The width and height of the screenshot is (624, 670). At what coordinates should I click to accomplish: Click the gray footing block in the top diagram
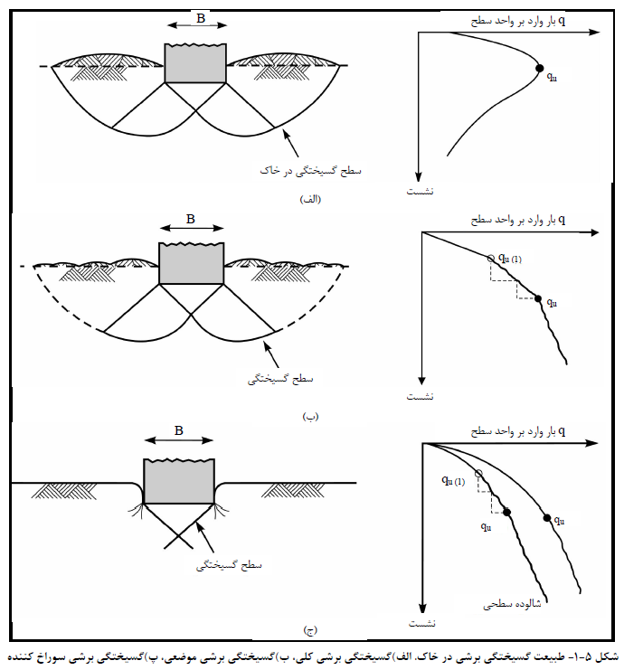(195, 62)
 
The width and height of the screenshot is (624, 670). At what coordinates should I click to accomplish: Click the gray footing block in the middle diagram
(192, 263)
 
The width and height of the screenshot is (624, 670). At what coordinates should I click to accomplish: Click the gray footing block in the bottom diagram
(179, 482)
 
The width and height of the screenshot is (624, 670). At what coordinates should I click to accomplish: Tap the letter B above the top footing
(201, 18)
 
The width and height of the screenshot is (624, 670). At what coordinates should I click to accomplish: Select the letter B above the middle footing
(191, 219)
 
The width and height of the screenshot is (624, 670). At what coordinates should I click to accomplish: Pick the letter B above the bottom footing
(179, 430)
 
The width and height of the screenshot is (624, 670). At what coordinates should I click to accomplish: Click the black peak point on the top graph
(540, 68)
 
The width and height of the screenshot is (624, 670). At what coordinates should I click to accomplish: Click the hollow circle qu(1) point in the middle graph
(491, 258)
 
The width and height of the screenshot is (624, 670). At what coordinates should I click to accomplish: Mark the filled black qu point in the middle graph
(538, 298)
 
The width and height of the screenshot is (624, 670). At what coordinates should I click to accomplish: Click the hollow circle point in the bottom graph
(478, 473)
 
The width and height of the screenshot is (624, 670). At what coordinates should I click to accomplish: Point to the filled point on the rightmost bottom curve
(547, 518)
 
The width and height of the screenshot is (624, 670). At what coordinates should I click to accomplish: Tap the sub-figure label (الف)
(310, 199)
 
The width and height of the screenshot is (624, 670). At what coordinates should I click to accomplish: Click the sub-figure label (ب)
(311, 417)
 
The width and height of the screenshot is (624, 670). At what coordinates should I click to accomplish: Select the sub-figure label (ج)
(310, 630)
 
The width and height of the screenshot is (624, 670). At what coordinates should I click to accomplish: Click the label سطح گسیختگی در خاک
(311, 171)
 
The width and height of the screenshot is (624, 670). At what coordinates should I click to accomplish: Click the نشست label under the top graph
(420, 192)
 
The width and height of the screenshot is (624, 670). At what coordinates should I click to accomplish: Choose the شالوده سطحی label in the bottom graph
(512, 604)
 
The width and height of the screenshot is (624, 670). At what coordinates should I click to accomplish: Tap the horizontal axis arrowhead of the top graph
(595, 32)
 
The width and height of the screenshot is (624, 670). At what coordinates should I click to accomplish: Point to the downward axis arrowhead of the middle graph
(421, 382)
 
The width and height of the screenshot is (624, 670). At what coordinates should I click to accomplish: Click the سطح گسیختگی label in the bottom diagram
(229, 565)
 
